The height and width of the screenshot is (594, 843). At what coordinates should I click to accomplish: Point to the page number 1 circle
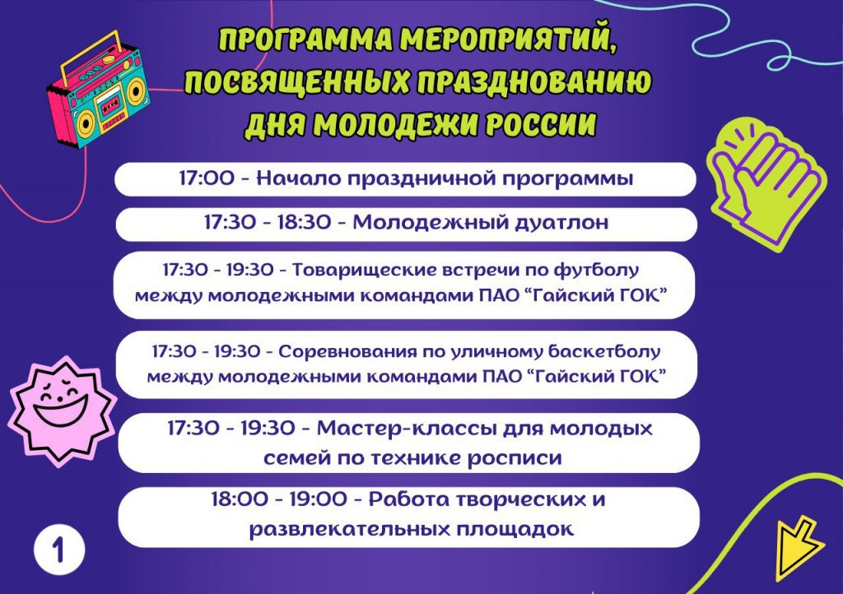coord(58,550)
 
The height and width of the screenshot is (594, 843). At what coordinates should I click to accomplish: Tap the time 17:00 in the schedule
coord(207,179)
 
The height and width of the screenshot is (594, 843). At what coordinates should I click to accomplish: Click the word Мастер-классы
coord(405,429)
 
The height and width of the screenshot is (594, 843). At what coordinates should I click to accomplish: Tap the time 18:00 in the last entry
coord(240,499)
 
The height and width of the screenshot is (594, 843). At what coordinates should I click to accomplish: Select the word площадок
coord(515,530)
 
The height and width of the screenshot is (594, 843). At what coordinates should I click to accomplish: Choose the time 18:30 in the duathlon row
coord(304,222)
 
